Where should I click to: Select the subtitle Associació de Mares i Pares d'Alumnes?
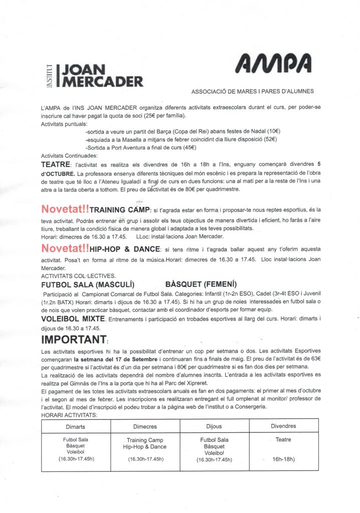pos(253,91)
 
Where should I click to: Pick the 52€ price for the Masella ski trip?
pos(270,139)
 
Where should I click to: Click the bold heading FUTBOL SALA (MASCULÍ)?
pos(87,285)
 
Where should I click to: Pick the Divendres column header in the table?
pos(283,426)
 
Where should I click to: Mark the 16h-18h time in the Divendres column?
pos(283,459)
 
